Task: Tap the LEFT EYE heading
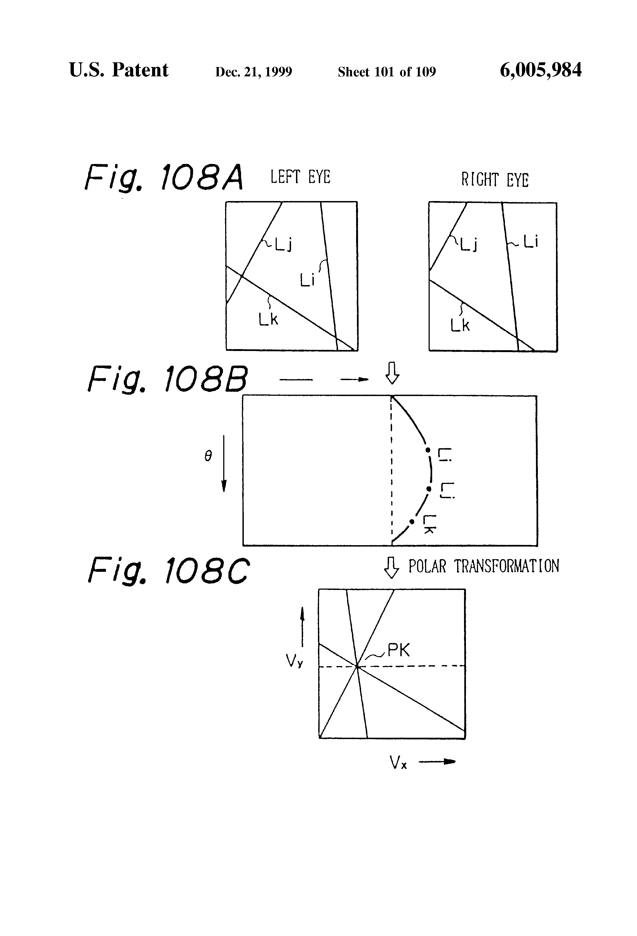300,177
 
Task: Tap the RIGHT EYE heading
495,180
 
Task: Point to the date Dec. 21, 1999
254,72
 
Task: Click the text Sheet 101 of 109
387,72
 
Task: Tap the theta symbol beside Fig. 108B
208,456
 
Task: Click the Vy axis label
294,661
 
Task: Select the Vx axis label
398,762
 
